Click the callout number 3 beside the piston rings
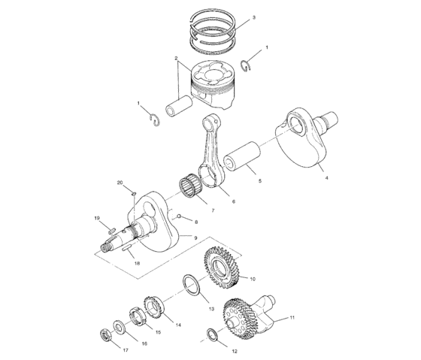click(253, 17)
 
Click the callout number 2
click(176, 58)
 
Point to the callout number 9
click(195, 238)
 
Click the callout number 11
click(292, 318)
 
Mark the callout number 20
click(119, 183)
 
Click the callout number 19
click(97, 218)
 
